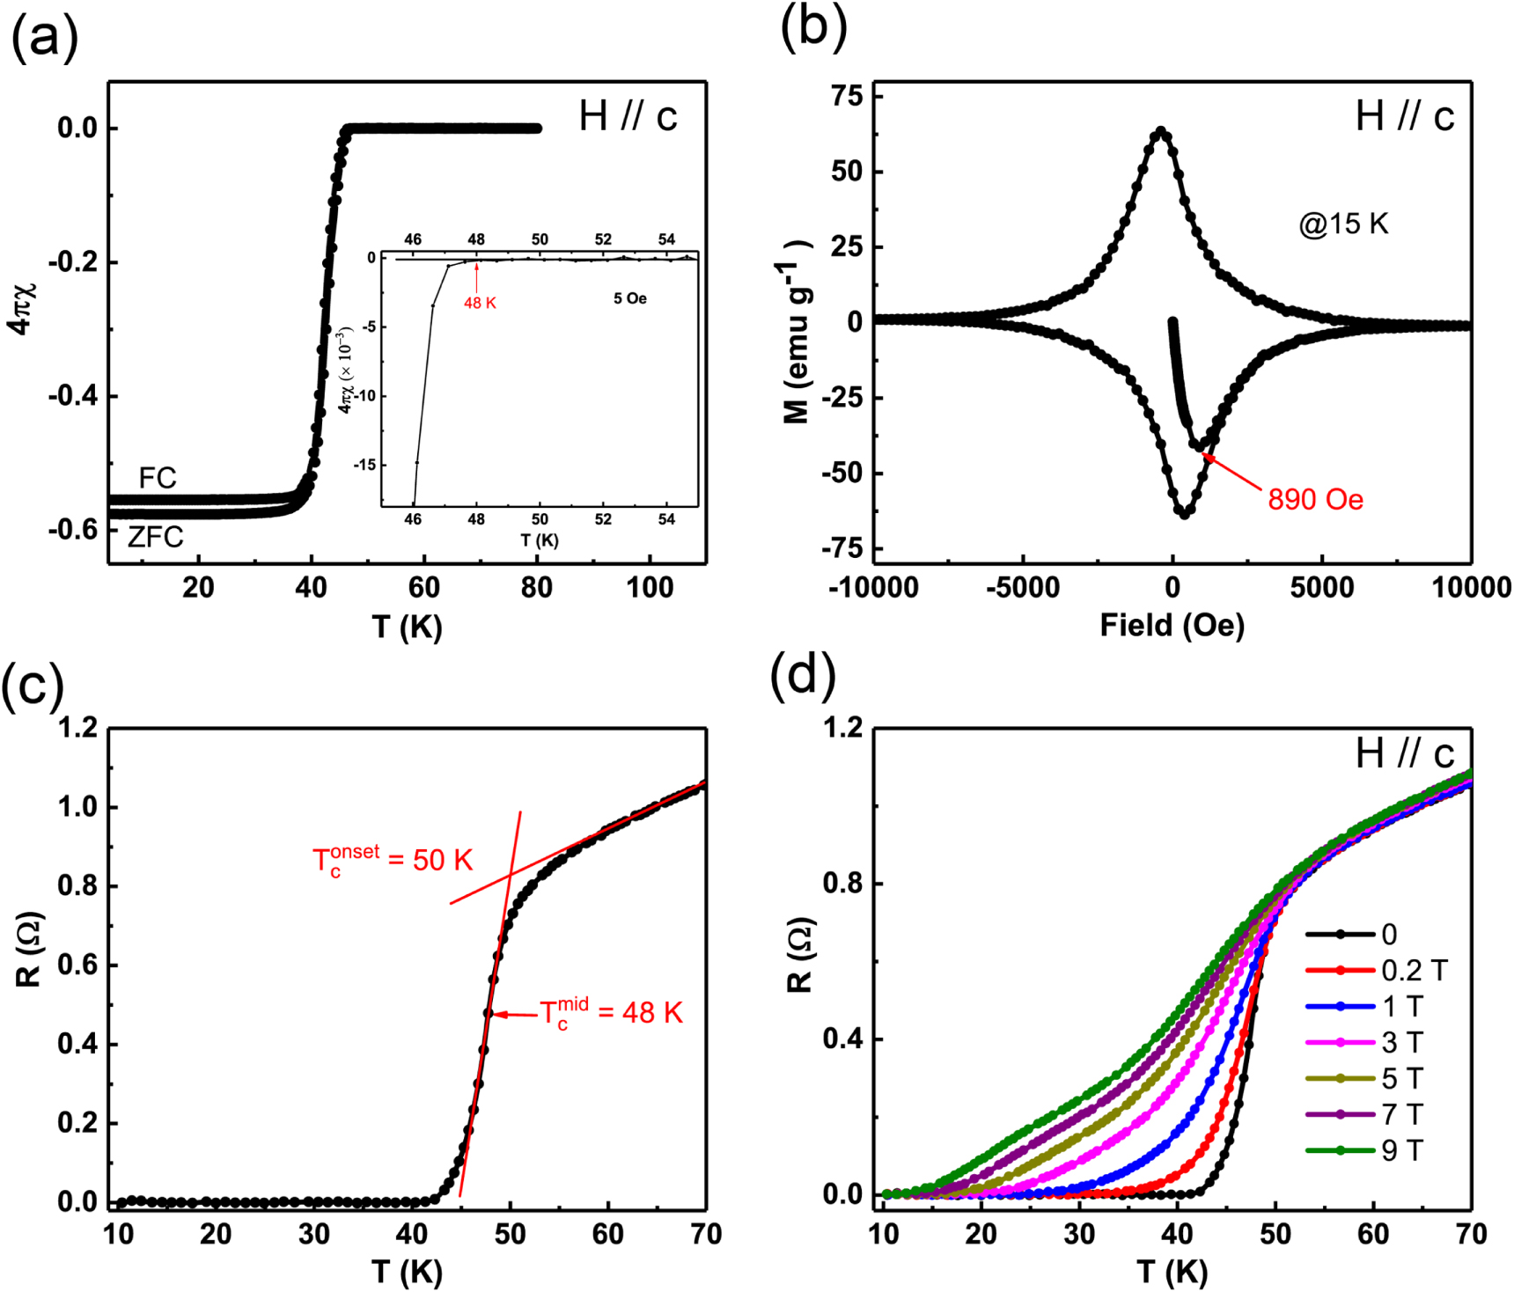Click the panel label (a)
click(44, 39)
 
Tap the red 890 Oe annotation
click(1315, 500)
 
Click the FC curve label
click(158, 478)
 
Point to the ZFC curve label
click(156, 536)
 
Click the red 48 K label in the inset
click(481, 303)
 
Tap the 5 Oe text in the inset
click(630, 299)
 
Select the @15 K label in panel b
click(1343, 224)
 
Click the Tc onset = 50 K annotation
click(393, 859)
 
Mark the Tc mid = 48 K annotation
click(611, 1013)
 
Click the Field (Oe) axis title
click(1172, 626)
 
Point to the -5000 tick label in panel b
click(1023, 587)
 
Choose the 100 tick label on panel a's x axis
click(650, 587)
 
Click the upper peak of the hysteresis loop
click(1161, 131)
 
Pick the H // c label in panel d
click(1404, 753)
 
